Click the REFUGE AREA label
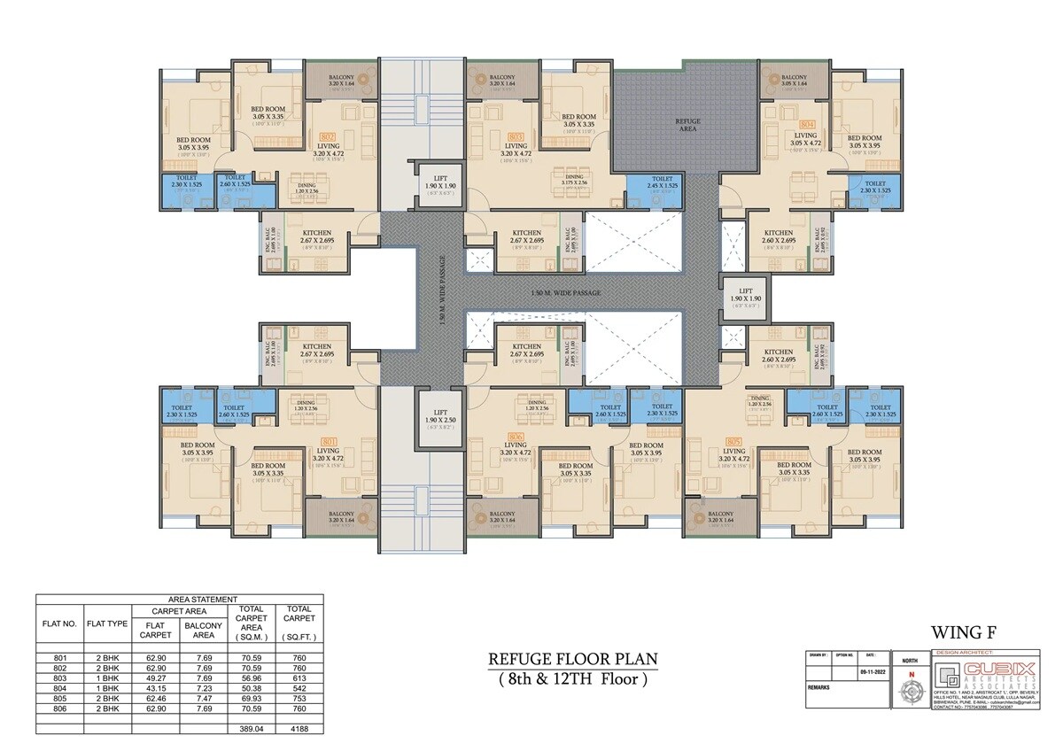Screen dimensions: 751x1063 pyautogui.click(x=687, y=123)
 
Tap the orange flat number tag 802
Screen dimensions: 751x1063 pyautogui.click(x=326, y=137)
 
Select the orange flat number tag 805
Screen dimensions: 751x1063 pyautogui.click(x=733, y=440)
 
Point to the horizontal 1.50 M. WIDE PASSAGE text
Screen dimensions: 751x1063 pyautogui.click(x=566, y=292)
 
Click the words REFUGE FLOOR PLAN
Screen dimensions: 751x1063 pyautogui.click(x=572, y=660)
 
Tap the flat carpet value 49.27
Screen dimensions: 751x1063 pyautogui.click(x=156, y=677)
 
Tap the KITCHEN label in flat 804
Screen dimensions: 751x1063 pyautogui.click(x=779, y=233)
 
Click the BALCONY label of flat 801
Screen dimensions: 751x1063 pyautogui.click(x=341, y=514)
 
